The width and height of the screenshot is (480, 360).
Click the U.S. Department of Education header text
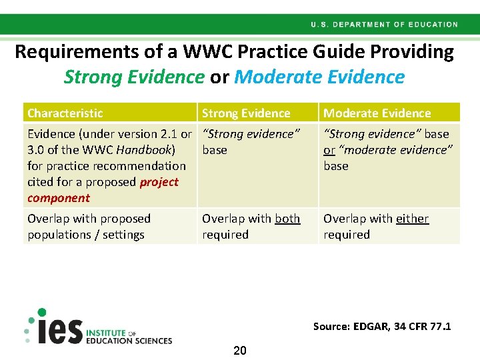click(x=384, y=25)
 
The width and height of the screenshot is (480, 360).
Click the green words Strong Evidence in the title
click(x=134, y=77)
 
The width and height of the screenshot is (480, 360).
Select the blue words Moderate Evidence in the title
click(x=319, y=77)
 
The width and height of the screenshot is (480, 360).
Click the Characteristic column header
click(x=65, y=113)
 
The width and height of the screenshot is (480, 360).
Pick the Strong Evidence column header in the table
click(x=246, y=113)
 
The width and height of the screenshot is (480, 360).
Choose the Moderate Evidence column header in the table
click(x=377, y=113)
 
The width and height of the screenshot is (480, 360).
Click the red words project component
click(x=103, y=190)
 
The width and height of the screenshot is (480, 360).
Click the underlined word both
click(x=287, y=219)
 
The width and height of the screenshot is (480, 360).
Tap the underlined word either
click(x=412, y=219)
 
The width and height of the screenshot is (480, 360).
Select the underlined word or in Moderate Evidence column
click(x=329, y=150)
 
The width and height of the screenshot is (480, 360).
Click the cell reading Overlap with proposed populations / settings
click(x=89, y=227)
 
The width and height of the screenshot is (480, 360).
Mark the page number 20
click(x=240, y=351)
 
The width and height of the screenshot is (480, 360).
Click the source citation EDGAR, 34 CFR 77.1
click(x=382, y=327)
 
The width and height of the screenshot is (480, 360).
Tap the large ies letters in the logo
click(x=59, y=331)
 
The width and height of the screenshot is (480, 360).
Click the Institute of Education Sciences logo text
click(x=128, y=337)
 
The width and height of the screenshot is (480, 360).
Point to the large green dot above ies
click(x=41, y=312)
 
